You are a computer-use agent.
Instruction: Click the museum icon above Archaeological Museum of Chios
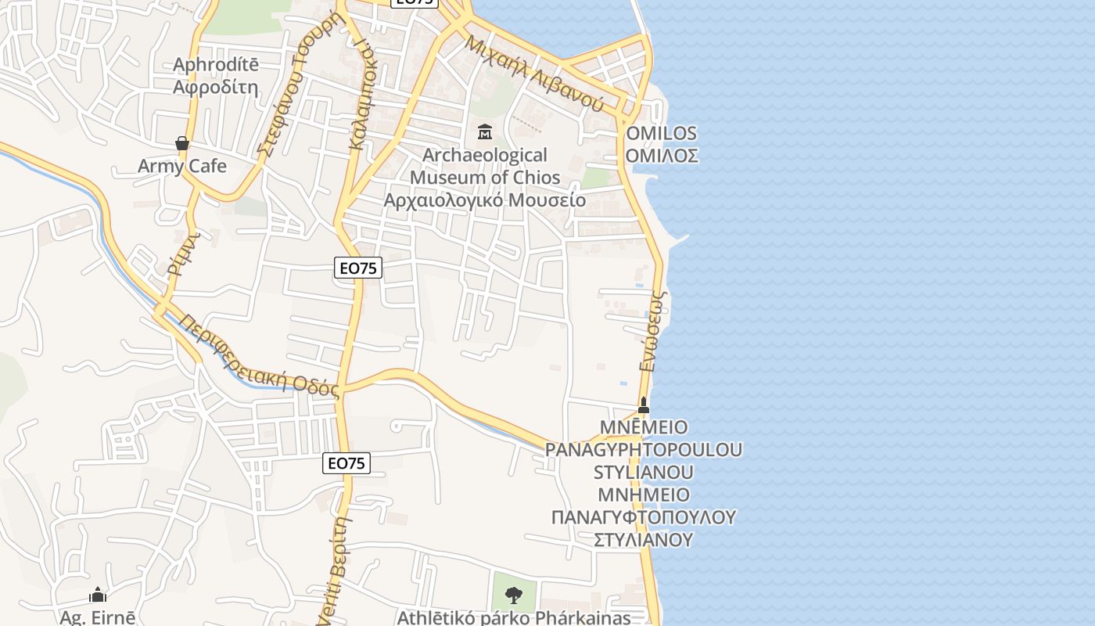[485, 131]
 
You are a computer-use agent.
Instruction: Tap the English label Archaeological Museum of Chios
[485, 166]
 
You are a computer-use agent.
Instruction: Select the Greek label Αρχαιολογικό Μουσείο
[485, 200]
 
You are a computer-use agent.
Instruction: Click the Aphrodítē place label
[216, 65]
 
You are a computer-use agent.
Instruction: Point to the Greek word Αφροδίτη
[216, 87]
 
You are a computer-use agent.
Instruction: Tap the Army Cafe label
[182, 166]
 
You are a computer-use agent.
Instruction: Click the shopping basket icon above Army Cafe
[182, 143]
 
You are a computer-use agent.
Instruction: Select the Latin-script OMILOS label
[662, 133]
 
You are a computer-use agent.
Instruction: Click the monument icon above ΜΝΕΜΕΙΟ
[644, 405]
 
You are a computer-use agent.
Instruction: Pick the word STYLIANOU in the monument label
[644, 473]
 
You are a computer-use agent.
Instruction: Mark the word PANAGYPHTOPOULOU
[644, 450]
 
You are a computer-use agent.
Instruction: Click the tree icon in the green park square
[514, 595]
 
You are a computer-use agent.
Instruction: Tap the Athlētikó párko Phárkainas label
[514, 617]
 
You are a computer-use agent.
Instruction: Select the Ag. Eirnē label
[98, 617]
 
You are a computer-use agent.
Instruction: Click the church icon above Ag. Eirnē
[98, 595]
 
